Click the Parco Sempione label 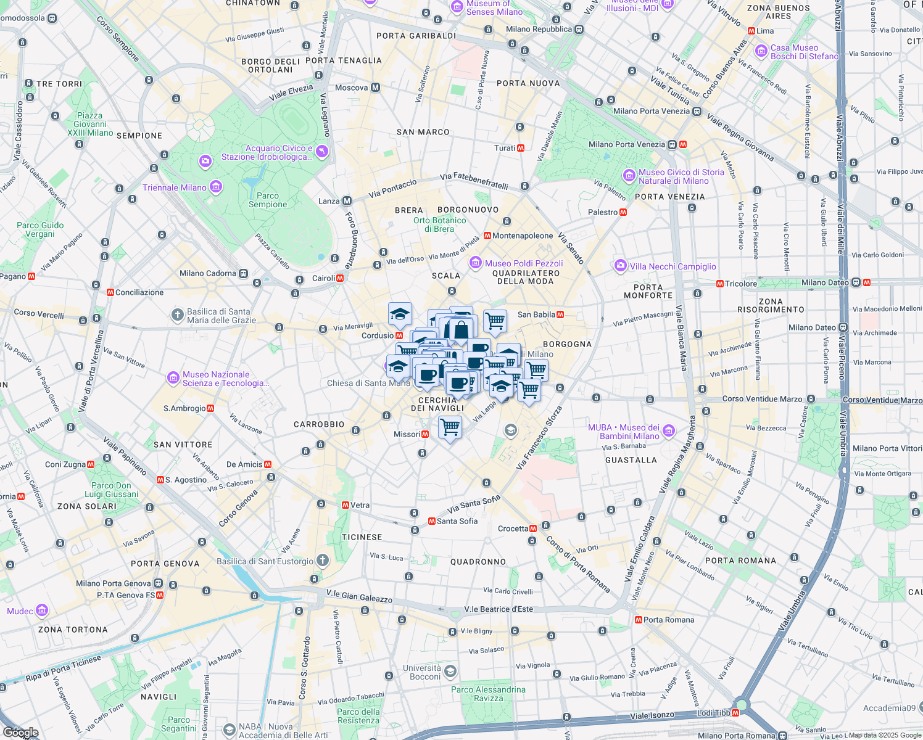(x=268, y=200)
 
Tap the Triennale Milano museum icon (x=215, y=187)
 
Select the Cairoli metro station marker (x=339, y=278)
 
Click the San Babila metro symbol (x=560, y=314)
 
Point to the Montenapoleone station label (x=523, y=236)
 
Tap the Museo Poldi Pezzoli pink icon (x=476, y=263)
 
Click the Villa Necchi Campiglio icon (x=620, y=266)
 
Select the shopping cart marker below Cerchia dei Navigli (x=450, y=427)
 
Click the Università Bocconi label (x=422, y=672)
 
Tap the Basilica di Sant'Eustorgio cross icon (x=322, y=561)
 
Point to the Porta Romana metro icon (x=638, y=620)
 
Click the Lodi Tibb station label (x=713, y=713)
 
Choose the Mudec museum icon (x=42, y=611)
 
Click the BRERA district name (x=409, y=210)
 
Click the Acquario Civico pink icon (x=321, y=151)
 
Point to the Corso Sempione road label (x=117, y=38)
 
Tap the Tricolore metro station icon (x=719, y=284)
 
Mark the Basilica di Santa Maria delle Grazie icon (x=177, y=316)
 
